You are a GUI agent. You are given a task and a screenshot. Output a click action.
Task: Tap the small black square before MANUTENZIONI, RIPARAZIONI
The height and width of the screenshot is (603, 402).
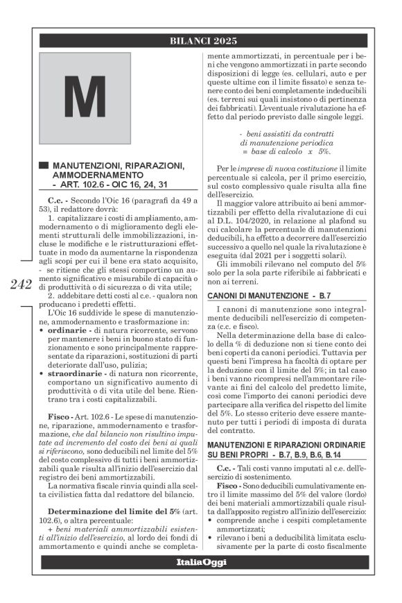(44, 166)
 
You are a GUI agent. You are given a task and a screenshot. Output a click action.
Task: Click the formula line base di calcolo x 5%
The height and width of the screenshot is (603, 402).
(286, 150)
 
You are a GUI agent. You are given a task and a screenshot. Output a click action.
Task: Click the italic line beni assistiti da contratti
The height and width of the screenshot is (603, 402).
(286, 132)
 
